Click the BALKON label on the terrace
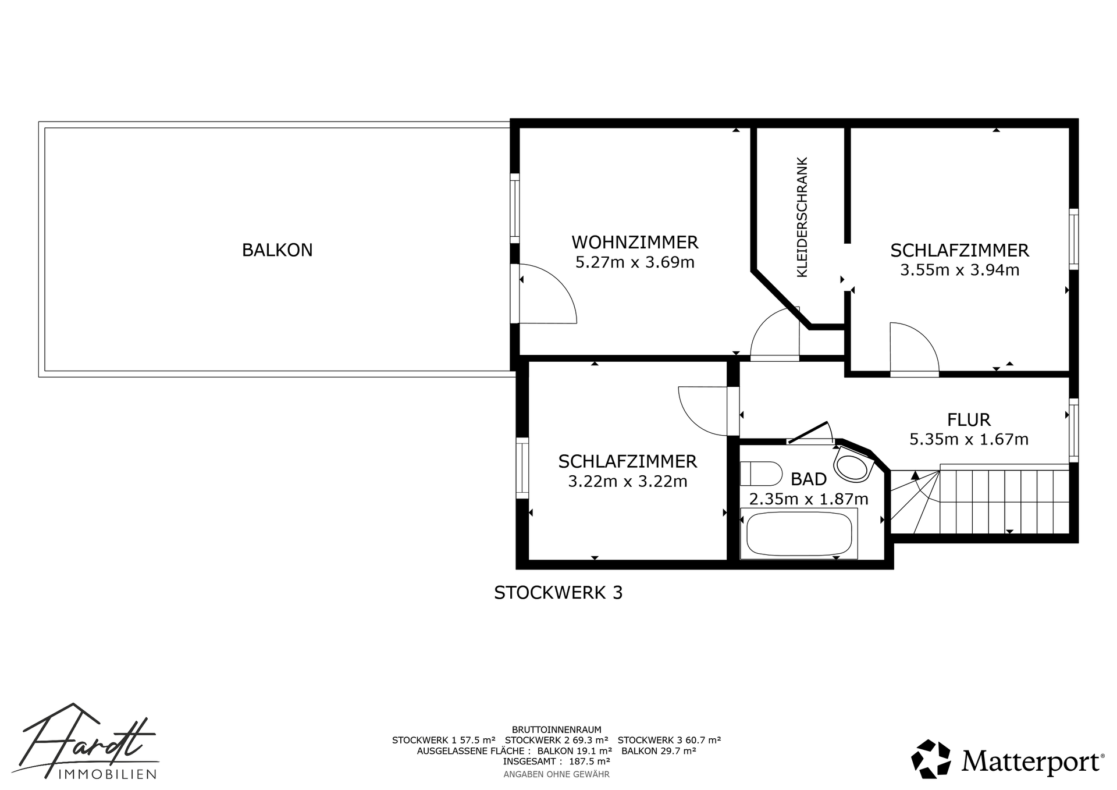(x=278, y=250)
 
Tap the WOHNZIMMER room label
(x=635, y=242)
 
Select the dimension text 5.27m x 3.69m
(x=635, y=262)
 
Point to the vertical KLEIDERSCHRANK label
(x=802, y=217)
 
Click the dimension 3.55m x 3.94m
(x=960, y=270)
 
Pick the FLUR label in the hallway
(x=969, y=419)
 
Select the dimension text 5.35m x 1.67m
(x=969, y=439)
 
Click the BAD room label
(x=809, y=479)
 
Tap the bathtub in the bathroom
(x=799, y=533)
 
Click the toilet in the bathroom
(x=761, y=474)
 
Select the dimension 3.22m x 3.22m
(x=628, y=482)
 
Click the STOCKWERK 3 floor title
(x=558, y=593)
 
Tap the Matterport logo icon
(x=931, y=759)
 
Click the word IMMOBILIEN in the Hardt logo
(x=108, y=774)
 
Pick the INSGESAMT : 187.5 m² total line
(x=557, y=761)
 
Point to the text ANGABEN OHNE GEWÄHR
(x=556, y=774)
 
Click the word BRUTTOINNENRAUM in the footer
(x=557, y=729)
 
